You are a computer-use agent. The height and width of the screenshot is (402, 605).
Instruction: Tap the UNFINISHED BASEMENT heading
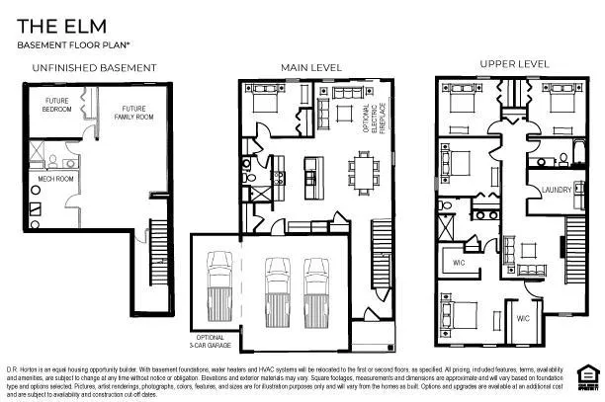(94, 68)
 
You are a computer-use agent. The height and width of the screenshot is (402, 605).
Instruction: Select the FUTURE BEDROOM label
(57, 106)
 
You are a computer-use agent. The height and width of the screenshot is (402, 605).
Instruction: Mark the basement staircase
(154, 266)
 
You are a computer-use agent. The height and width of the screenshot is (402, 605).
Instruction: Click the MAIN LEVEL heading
(311, 67)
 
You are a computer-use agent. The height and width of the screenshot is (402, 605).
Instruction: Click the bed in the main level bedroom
(265, 102)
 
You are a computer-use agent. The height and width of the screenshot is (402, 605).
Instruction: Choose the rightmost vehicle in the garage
(315, 282)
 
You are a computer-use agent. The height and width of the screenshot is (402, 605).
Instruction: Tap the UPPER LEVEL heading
(514, 63)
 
